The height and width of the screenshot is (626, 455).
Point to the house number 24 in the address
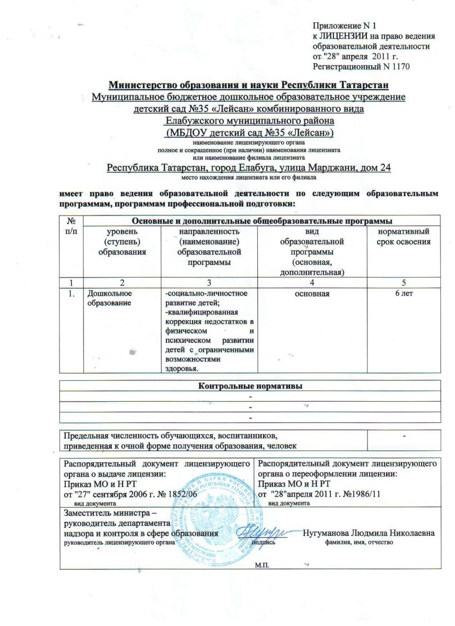pos(386,167)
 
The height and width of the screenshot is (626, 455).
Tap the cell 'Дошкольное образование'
pos(106,298)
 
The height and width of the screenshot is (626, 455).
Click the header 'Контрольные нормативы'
pos(250,386)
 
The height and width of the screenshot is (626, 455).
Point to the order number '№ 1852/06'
pos(176,494)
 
